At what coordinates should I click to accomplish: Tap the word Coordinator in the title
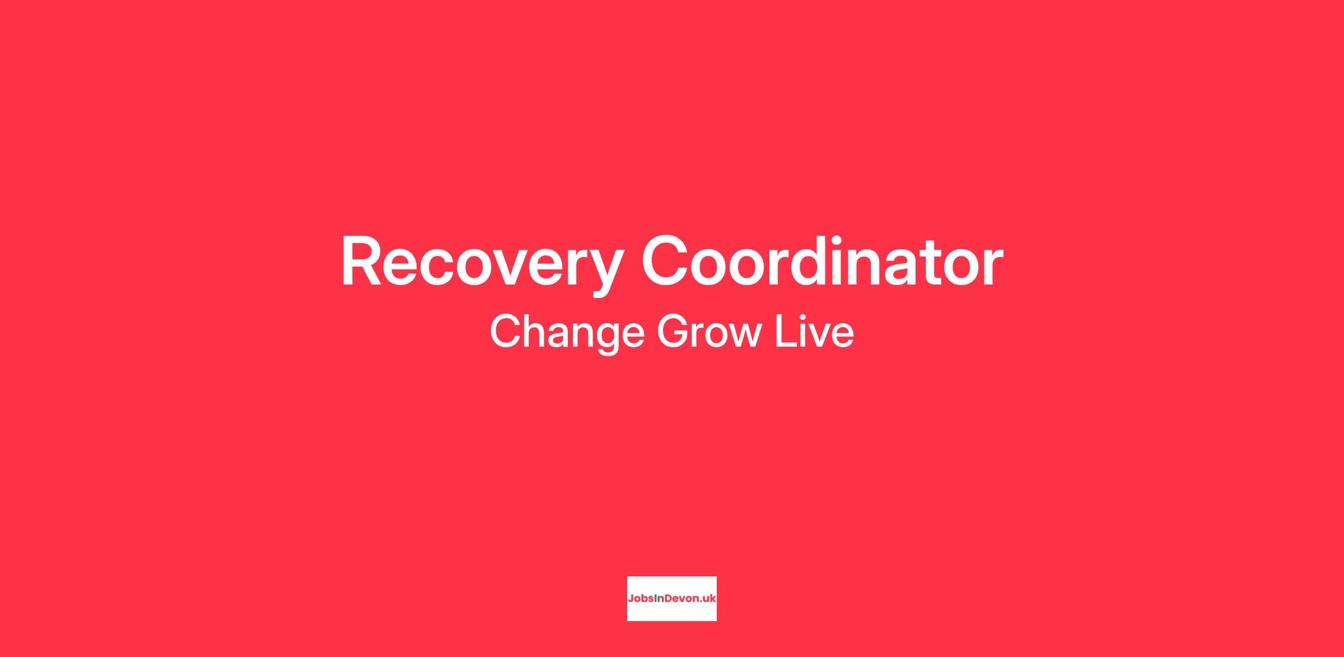tap(822, 260)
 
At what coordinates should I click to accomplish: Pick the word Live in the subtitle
tap(814, 331)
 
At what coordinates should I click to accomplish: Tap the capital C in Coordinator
tap(664, 260)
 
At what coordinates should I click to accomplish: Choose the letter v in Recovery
tap(504, 268)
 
